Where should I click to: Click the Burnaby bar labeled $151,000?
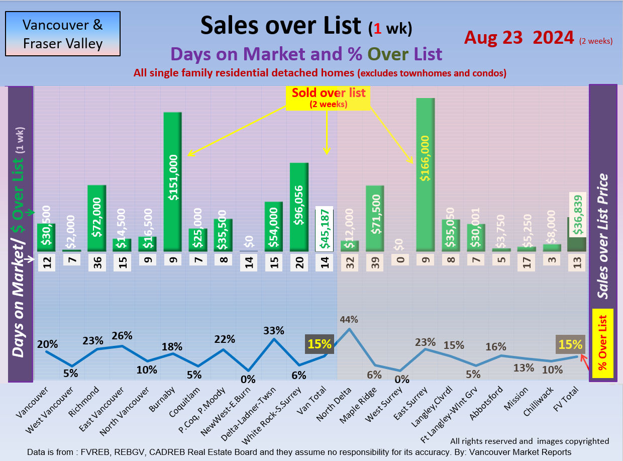tap(173, 181)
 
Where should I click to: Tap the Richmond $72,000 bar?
tap(97, 218)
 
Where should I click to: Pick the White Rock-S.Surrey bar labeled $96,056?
tap(299, 207)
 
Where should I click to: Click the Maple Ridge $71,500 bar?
tap(375, 218)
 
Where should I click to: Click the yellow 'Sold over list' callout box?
tap(329, 98)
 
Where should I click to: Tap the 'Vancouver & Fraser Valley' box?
tap(63, 34)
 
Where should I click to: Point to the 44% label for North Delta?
tap(349, 319)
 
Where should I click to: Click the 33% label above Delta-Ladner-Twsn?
tap(274, 330)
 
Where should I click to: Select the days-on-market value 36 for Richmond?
tap(97, 262)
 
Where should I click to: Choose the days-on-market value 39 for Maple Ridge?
tap(375, 262)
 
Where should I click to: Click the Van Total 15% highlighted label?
tap(320, 345)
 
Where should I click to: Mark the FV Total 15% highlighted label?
tap(570, 345)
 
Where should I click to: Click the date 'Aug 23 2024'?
tap(518, 38)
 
